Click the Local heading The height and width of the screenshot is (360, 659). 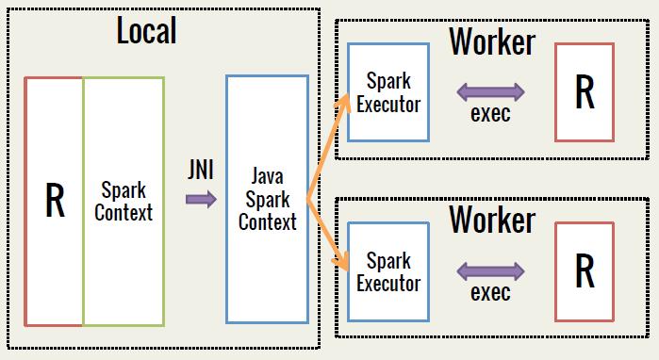(146, 30)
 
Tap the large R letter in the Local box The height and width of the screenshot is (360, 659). (55, 200)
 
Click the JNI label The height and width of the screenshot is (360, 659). (201, 171)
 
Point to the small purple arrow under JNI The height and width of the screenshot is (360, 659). (201, 199)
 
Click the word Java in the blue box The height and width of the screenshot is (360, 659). (268, 176)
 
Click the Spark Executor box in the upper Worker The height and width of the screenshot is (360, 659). (388, 91)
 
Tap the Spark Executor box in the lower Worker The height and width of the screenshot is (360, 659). (388, 270)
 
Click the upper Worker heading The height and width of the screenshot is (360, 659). (491, 41)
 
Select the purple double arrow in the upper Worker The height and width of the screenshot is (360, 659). (490, 91)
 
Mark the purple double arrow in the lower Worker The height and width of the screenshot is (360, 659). (490, 271)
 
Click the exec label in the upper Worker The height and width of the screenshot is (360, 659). (490, 114)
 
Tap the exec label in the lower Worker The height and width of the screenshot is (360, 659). (490, 292)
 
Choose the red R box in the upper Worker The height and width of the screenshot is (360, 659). (585, 91)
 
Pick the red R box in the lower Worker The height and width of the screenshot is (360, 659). (585, 271)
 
